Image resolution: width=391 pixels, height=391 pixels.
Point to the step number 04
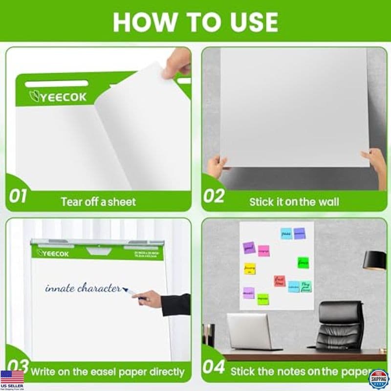[x=214, y=368]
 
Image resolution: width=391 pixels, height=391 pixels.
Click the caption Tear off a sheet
[x=98, y=201]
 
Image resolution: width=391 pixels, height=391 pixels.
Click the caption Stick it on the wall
[x=294, y=201]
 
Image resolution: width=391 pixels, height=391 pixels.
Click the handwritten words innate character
[x=83, y=288]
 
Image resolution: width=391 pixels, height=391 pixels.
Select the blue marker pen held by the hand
[x=134, y=293]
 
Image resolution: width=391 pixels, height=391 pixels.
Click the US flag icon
[x=12, y=377]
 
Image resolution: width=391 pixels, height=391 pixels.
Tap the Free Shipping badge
[x=378, y=379]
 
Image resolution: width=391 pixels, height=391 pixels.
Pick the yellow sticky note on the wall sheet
[x=250, y=268]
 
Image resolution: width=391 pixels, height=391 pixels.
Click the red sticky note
[x=280, y=281]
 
